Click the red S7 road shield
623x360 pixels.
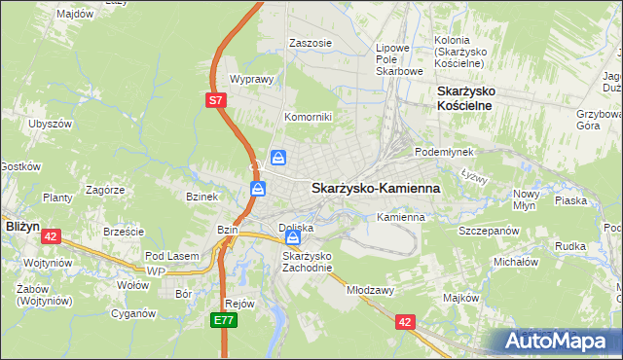click(216, 99)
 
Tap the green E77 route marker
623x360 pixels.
click(223, 318)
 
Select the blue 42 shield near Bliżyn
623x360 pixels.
click(52, 235)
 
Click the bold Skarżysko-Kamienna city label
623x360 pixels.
click(375, 188)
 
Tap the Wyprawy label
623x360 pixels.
click(249, 80)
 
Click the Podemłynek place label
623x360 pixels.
click(443, 153)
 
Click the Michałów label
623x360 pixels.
click(516, 262)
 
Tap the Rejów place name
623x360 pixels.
click(239, 303)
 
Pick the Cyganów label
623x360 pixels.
click(133, 313)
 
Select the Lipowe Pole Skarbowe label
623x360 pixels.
click(399, 58)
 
